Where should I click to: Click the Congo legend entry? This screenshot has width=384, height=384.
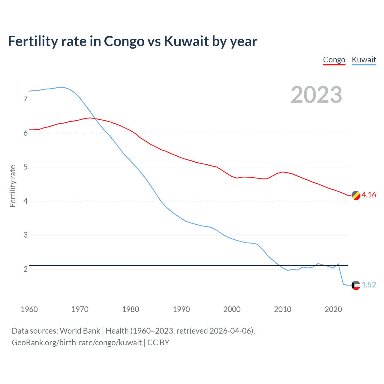pyautogui.click(x=334, y=60)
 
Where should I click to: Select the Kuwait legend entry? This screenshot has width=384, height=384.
pyautogui.click(x=364, y=60)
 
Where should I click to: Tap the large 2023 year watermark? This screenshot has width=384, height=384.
pyautogui.click(x=316, y=95)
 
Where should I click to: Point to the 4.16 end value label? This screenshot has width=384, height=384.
pyautogui.click(x=369, y=195)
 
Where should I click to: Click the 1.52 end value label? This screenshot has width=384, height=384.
pyautogui.click(x=369, y=285)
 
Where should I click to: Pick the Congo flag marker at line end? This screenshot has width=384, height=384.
pyautogui.click(x=356, y=195)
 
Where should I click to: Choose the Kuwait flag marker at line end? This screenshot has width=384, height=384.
pyautogui.click(x=356, y=285)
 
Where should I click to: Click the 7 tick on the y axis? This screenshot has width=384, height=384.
pyautogui.click(x=25, y=99)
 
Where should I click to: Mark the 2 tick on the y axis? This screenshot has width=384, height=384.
pyautogui.click(x=25, y=269)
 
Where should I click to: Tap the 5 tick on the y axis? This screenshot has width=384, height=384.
pyautogui.click(x=25, y=167)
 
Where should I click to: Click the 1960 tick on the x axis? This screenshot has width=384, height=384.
pyautogui.click(x=29, y=309)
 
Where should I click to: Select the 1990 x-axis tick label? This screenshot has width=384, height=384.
pyautogui.click(x=181, y=309)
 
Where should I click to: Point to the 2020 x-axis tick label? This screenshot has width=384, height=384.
pyautogui.click(x=333, y=309)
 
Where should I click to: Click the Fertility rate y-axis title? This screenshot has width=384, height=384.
pyautogui.click(x=13, y=186)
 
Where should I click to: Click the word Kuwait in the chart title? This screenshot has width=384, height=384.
pyautogui.click(x=186, y=41)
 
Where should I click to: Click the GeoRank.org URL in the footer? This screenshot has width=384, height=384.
pyautogui.click(x=76, y=343)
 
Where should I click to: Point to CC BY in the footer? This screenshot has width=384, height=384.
pyautogui.click(x=158, y=343)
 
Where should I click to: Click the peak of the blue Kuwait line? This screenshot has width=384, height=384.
pyautogui.click(x=59, y=87)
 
